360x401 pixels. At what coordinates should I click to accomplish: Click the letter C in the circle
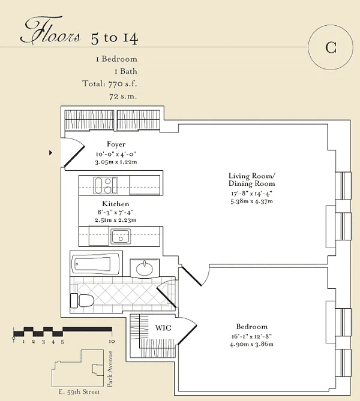(331, 47)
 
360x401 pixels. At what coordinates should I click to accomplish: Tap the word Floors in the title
(50, 30)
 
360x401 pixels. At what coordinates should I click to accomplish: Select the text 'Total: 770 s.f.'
(110, 84)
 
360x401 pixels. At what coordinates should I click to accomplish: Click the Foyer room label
(116, 144)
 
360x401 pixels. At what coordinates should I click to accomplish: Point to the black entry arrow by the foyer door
(50, 153)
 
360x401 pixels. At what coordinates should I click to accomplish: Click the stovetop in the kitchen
(106, 185)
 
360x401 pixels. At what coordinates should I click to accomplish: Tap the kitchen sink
(121, 237)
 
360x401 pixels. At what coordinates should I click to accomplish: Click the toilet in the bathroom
(82, 300)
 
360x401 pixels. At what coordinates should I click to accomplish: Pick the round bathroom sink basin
(145, 269)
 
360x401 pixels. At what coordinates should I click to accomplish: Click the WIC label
(163, 328)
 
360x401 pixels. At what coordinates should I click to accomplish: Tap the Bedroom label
(251, 327)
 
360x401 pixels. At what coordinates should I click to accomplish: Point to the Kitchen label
(115, 204)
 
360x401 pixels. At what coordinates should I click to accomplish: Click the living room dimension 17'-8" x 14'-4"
(251, 194)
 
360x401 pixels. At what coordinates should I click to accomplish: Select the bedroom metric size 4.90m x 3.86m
(251, 344)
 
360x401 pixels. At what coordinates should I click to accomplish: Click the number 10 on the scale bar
(112, 342)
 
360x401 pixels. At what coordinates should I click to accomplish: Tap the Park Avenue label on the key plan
(110, 369)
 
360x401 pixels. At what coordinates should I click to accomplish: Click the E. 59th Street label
(79, 392)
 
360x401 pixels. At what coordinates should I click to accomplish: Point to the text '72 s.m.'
(123, 97)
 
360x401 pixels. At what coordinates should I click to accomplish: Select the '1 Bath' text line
(126, 71)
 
